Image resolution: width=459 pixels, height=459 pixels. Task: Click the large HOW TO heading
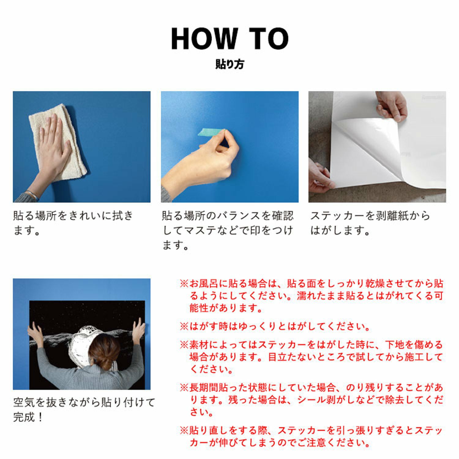229,39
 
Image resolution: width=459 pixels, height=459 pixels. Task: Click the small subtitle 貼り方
229,64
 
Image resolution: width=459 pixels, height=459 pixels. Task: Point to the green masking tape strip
211,132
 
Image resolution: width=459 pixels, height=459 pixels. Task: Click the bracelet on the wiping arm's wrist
32,195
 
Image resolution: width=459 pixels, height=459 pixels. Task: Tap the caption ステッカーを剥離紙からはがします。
370,223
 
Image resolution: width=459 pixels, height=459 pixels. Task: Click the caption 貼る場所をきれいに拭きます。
73,223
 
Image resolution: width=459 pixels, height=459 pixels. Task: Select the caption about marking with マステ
228,230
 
